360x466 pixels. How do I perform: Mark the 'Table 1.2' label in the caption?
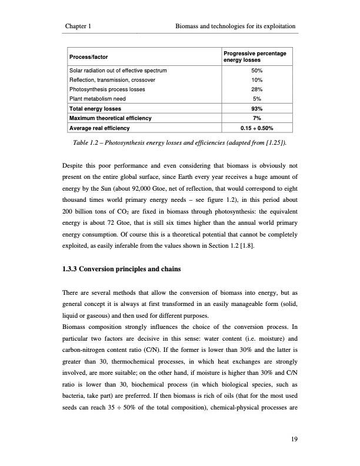coord(87,142)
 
